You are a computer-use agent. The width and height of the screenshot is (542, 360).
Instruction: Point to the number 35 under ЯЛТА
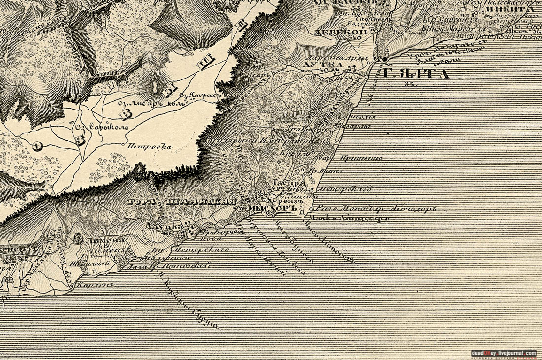tap(408, 84)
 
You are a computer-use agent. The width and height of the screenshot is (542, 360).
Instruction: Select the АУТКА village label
tap(316, 65)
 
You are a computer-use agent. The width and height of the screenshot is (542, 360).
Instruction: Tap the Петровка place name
tap(149, 146)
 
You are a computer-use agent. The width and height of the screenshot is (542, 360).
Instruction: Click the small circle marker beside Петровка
tap(123, 144)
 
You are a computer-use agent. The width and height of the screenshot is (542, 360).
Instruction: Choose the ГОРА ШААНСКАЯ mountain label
tap(183, 201)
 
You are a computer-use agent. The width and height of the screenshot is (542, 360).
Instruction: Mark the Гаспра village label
tap(283, 182)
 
